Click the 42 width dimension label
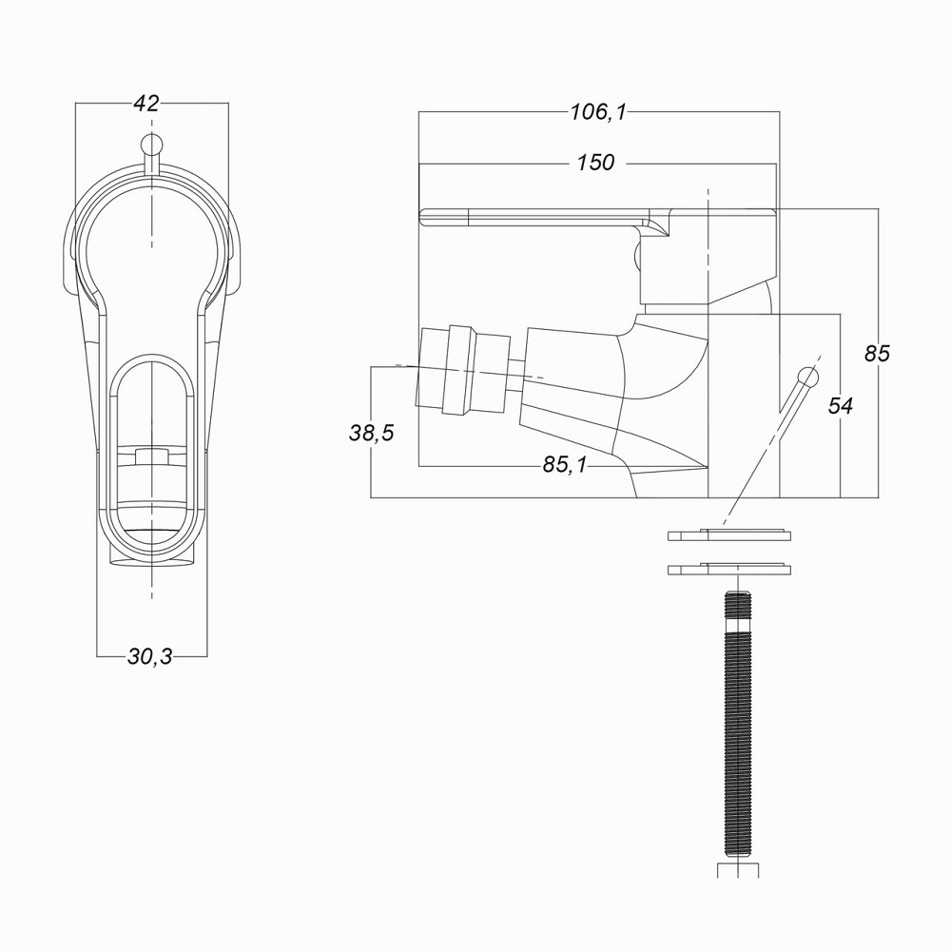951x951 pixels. click(146, 104)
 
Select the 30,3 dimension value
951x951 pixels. click(150, 656)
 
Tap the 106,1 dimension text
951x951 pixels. click(598, 112)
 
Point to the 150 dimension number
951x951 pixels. click(596, 163)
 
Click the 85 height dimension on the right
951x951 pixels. click(876, 353)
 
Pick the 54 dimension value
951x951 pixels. click(841, 406)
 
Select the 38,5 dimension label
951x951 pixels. click(371, 434)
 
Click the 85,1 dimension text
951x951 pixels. click(565, 466)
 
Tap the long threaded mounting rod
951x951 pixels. click(737, 723)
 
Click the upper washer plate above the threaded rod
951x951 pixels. click(729, 534)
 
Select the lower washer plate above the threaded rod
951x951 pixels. click(729, 570)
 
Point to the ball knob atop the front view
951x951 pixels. click(151, 146)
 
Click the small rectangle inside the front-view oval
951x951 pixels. click(151, 456)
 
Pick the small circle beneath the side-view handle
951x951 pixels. click(636, 254)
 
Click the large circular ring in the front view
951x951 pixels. click(151, 233)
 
